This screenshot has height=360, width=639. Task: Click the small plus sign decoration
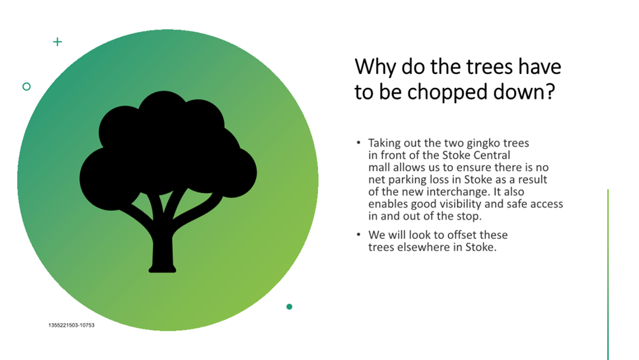57,41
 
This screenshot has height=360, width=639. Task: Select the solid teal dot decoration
289,306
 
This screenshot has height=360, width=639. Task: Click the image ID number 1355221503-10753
71,325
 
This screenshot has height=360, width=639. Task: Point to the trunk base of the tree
162,268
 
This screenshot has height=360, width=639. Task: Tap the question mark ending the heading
550,91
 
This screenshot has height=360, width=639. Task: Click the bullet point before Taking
358,143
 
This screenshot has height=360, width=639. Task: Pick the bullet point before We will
358,234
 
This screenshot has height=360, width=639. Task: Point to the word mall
379,167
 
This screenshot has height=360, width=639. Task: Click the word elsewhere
422,247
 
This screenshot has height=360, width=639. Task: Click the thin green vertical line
608,275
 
